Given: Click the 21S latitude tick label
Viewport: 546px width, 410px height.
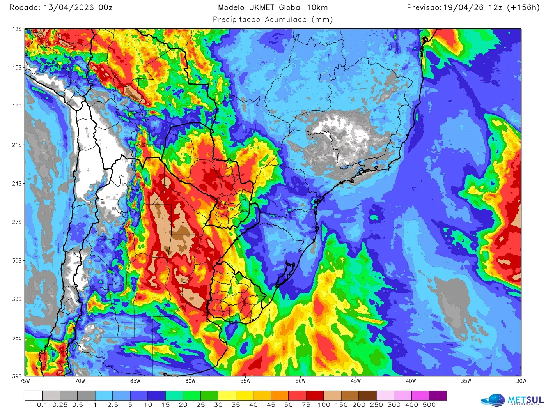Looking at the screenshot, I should point(17,145).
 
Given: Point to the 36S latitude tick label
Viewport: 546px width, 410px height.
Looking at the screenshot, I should point(17,338).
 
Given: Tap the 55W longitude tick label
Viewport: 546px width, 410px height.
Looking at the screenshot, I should point(245,381).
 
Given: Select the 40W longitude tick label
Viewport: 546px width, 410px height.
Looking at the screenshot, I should point(411,381).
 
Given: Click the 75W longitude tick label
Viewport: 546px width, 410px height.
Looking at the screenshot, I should point(25,381).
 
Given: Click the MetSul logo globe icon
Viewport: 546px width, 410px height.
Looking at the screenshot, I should point(493,401).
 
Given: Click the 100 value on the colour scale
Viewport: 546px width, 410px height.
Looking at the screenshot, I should point(324,405).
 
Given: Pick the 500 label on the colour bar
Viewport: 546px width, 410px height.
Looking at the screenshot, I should point(429,405).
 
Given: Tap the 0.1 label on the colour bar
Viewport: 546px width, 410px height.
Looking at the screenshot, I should point(42,405).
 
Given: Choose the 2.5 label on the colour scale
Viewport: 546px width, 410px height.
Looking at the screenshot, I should point(112,405).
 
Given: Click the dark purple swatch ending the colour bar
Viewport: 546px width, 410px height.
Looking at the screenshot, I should point(438,396).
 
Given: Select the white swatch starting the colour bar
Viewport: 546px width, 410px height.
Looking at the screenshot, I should point(34,396).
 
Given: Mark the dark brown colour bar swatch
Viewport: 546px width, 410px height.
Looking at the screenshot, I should point(367,396).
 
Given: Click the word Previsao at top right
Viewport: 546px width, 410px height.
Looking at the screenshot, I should point(424,7).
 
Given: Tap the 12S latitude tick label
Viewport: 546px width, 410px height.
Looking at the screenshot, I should point(17,29).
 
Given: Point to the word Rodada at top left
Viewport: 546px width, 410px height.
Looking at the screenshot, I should point(24,7).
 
